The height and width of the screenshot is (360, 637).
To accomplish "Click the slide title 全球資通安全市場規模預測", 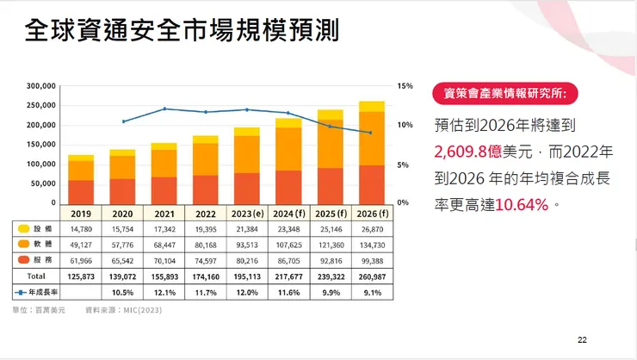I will click(182, 32).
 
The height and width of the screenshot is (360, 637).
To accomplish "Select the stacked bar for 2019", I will click(81, 179).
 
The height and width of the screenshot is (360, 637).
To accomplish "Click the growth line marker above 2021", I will click(164, 109).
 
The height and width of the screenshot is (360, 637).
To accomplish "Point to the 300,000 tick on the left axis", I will click(40, 86).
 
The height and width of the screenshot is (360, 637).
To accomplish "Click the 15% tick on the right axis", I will click(405, 86).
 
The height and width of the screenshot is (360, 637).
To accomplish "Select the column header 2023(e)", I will click(247, 213).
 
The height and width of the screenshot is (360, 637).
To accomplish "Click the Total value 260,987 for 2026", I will click(372, 277).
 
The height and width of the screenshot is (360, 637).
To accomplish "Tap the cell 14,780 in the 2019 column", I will click(81, 228).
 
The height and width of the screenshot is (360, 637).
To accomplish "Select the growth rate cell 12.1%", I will click(164, 293).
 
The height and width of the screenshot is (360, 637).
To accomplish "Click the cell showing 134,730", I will click(372, 245).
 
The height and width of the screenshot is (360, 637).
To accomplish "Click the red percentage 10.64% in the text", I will click(523, 206).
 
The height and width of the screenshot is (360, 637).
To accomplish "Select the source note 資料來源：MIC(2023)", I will click(124, 308).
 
